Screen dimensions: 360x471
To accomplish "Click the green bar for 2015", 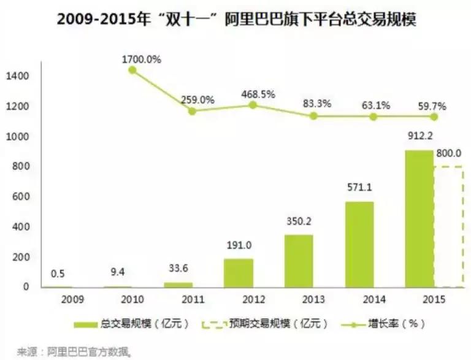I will pyautogui.click(x=418, y=218).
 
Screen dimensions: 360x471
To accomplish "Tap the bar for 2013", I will pyautogui.click(x=298, y=261).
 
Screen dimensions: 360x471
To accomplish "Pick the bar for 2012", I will pyautogui.click(x=238, y=272).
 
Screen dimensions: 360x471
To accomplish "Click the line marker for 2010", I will pyautogui.click(x=132, y=71).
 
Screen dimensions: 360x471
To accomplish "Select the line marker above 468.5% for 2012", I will pyautogui.click(x=253, y=105).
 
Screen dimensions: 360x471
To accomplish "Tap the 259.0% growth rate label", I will pyautogui.click(x=197, y=99).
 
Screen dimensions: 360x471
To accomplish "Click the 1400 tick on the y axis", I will pyautogui.click(x=18, y=76).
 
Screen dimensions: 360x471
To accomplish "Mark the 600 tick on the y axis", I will pyautogui.click(x=20, y=197).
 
